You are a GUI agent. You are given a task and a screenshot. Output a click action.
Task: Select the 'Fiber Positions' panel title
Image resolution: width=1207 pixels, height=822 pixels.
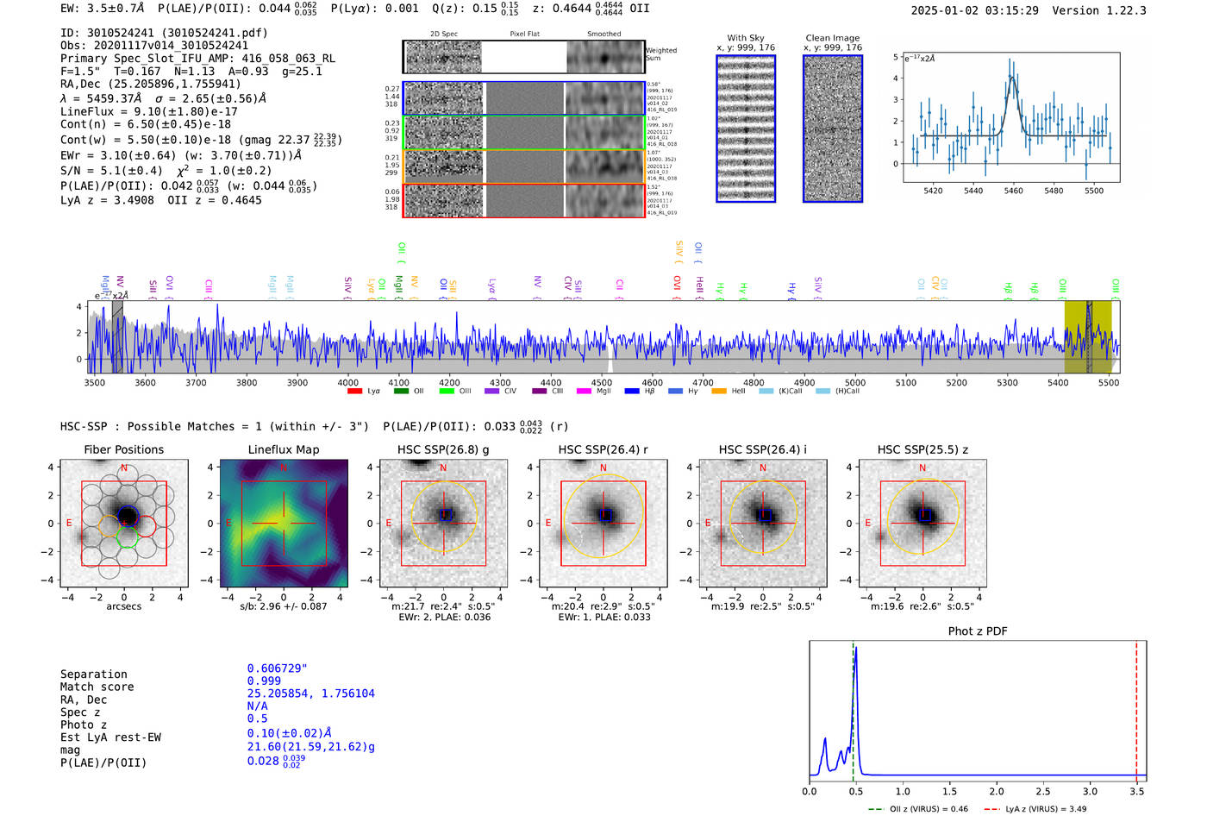123,449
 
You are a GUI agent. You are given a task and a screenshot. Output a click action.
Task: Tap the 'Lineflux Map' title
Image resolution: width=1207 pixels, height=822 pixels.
283,449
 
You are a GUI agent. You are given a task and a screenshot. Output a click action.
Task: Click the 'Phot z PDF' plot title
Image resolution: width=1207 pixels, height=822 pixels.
977,631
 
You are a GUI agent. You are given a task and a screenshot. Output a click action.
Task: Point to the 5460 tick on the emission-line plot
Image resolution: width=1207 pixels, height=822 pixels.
1013,191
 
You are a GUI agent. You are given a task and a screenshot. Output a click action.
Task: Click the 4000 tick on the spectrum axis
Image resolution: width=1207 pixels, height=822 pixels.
347,382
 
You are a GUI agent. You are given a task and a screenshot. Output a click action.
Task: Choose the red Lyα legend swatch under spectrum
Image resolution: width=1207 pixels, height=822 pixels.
354,392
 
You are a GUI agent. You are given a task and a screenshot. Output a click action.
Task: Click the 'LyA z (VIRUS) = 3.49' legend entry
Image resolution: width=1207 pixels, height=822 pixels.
1035,809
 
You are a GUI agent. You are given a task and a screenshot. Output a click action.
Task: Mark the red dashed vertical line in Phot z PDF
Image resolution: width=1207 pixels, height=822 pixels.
1136,707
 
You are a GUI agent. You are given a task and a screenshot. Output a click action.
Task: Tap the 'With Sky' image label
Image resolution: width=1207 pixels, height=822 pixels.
745,38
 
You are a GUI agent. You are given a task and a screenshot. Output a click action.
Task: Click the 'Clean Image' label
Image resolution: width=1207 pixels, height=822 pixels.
832,38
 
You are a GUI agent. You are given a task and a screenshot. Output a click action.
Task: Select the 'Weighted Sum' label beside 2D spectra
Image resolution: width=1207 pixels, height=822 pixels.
660,54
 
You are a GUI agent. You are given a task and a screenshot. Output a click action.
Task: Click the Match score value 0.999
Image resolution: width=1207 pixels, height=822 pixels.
264,681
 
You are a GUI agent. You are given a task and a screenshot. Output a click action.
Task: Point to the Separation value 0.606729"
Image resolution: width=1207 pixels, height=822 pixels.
277,668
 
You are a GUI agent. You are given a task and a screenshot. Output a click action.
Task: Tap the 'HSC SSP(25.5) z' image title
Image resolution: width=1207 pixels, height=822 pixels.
922,449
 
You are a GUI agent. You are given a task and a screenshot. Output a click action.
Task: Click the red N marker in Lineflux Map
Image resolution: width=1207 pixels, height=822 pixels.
284,468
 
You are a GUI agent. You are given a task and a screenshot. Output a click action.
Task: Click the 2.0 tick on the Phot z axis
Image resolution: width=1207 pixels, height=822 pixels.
996,791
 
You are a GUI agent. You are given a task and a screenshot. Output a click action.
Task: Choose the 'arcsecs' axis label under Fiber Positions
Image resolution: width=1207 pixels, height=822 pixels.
123,606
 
